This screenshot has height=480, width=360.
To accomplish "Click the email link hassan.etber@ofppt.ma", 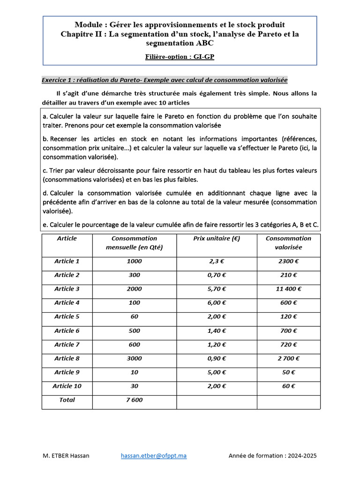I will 154,456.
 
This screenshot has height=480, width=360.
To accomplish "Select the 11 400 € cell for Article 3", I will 288,289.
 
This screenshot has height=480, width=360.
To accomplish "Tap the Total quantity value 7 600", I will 134,400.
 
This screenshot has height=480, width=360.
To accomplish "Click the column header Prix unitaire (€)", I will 217,239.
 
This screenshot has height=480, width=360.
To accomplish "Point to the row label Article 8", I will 67,359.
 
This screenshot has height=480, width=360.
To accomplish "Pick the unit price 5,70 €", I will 217,289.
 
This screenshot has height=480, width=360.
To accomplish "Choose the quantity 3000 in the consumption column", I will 134,359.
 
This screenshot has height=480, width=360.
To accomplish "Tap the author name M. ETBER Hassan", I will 66,456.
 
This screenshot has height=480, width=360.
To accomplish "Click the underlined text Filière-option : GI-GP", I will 180,57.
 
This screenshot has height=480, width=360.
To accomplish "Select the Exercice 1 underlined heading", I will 165,80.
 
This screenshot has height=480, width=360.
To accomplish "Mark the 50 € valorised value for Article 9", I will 288,373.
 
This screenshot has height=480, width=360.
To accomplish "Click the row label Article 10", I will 67,386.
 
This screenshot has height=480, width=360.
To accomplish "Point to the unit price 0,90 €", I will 217,359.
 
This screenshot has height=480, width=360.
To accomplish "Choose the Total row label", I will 67,400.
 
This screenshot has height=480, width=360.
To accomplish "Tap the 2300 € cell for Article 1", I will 288,262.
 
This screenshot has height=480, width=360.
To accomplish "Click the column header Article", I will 67,239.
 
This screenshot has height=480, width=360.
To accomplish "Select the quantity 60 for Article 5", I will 134,317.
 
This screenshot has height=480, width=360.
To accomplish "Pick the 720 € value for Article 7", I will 288,345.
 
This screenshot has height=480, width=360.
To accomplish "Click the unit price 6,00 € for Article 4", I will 217,303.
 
